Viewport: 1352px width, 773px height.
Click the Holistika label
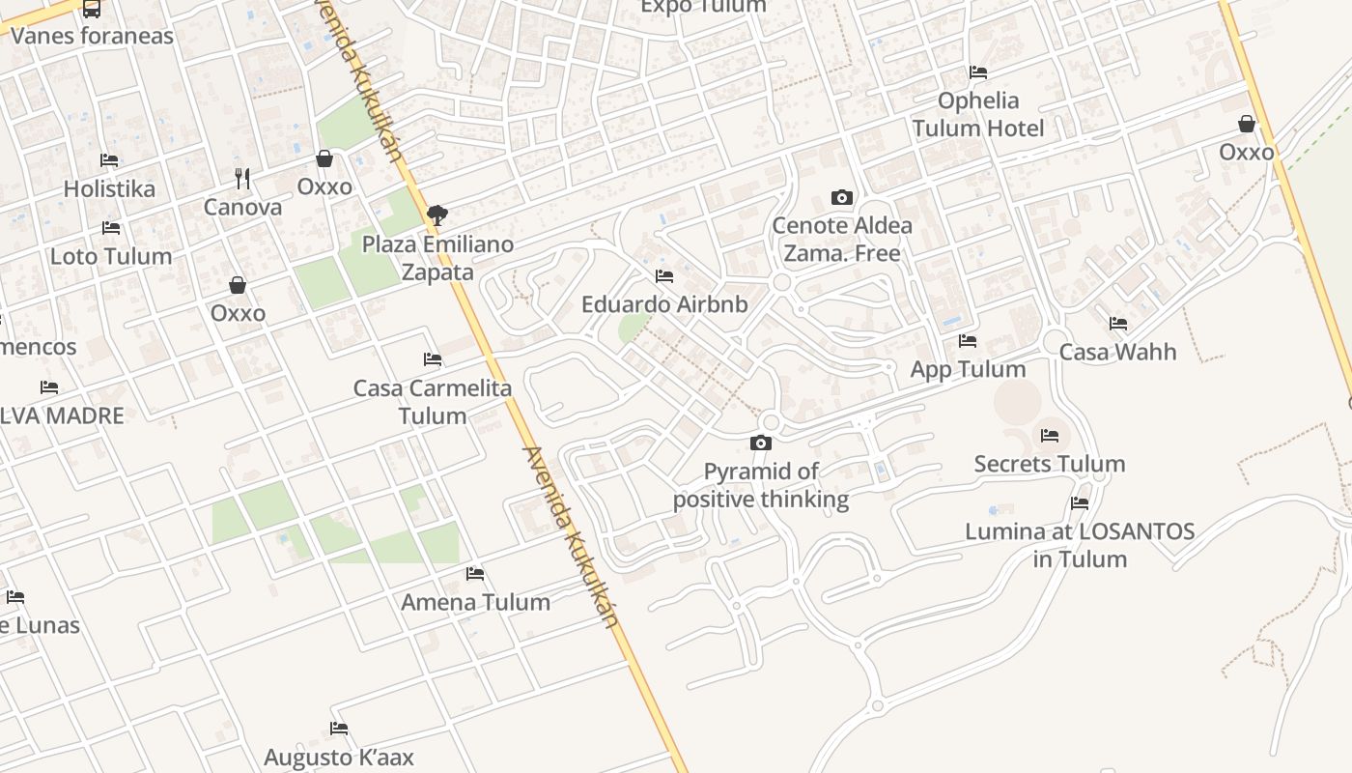109,188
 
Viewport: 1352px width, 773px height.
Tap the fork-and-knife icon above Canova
242,178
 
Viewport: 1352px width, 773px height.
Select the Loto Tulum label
111,256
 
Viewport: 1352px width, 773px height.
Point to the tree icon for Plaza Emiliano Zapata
437,215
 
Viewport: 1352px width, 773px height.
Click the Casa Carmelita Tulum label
433,402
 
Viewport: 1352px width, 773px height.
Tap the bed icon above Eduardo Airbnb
664,276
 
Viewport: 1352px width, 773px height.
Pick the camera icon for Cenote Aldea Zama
842,198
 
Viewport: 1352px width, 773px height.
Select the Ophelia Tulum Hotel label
978,114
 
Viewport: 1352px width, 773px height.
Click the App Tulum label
968,369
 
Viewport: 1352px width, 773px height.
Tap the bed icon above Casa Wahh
1118,324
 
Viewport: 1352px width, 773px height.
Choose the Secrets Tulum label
1050,464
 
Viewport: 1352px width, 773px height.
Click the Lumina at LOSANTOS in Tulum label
1080,545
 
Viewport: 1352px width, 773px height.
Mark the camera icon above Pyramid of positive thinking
761,444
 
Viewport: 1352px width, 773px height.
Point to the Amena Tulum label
475,602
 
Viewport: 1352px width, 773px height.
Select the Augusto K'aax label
339,757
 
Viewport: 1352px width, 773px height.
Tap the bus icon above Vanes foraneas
92,9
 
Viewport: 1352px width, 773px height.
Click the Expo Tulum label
703,7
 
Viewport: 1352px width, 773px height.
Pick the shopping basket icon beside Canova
324,158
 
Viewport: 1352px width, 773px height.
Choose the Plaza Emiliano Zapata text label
437,258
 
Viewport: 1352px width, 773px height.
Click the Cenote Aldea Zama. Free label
842,240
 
